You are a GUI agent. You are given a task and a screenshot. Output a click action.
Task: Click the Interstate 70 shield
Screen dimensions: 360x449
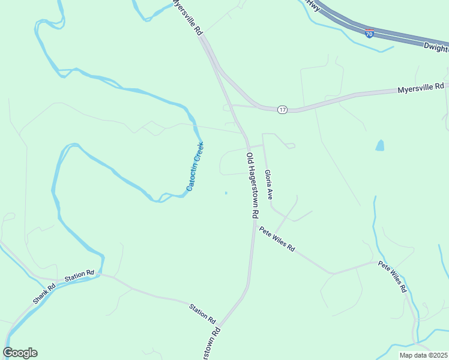click(370, 34)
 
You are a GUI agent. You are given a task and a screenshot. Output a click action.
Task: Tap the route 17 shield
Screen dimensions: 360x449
click(282, 110)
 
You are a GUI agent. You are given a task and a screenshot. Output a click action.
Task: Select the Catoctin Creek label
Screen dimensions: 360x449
click(195, 166)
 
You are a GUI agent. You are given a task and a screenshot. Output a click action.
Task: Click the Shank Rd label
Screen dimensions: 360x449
click(44, 292)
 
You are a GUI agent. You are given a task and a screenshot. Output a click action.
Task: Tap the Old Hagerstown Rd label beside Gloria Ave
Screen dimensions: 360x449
click(252, 185)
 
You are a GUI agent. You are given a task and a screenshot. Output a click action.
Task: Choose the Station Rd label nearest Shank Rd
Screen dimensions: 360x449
click(80, 275)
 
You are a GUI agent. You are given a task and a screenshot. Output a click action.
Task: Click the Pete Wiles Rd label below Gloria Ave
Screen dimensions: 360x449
click(277, 239)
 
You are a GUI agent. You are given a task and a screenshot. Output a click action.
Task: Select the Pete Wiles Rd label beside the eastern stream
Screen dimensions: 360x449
click(392, 277)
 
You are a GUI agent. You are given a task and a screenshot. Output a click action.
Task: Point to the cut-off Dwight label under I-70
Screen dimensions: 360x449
click(436, 47)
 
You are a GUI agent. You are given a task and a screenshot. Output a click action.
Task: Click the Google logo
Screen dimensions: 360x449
click(20, 353)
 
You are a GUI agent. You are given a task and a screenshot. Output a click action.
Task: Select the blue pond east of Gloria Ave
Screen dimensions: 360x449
click(379, 145)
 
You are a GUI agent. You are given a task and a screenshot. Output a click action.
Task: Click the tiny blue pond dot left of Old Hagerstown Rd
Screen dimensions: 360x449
click(226, 193)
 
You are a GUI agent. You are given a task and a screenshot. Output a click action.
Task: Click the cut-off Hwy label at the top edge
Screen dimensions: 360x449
click(313, 4)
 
